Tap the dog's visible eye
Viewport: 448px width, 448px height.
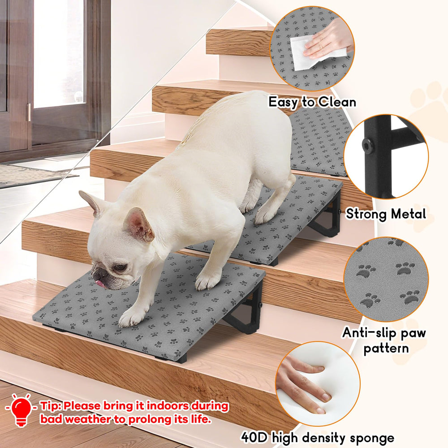[x=119, y=267]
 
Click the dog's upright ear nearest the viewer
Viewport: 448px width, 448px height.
[x=138, y=224]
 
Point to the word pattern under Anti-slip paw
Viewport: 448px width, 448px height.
[x=386, y=348]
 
